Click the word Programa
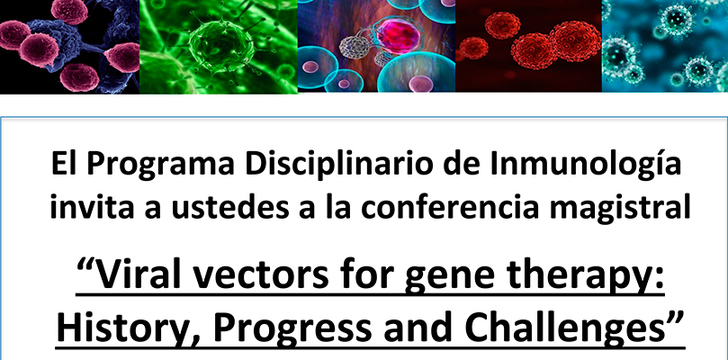click(x=159, y=165)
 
